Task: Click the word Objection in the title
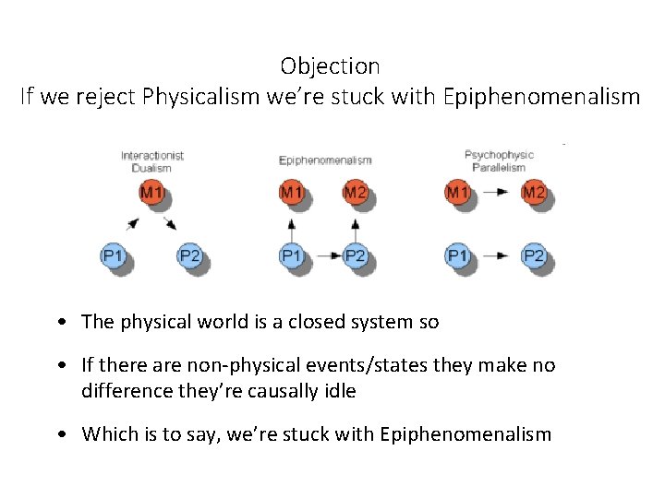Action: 330,66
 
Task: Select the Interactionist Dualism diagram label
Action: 152,161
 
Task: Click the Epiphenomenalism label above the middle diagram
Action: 325,160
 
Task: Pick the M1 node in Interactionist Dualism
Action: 151,193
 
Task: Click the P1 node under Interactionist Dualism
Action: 113,255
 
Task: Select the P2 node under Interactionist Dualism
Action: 189,255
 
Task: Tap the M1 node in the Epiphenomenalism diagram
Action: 291,193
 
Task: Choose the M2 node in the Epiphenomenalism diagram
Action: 355,193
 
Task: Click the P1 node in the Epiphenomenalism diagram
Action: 291,255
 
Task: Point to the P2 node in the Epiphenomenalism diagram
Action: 355,255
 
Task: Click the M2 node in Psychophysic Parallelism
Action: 533,193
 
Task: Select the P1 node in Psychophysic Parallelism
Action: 457,255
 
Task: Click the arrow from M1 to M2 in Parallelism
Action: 496,193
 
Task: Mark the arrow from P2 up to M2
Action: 355,224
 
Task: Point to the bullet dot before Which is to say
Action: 59,434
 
